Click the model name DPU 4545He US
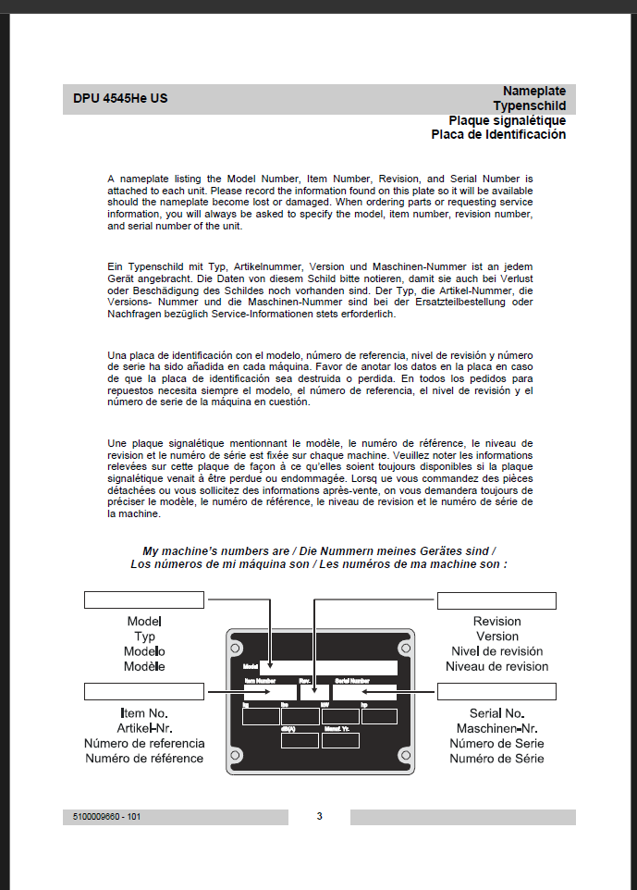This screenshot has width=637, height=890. coord(120,98)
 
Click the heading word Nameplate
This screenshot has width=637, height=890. coord(534,91)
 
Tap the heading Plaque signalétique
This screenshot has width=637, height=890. coord(507,120)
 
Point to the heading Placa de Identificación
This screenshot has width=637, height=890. coord(498,135)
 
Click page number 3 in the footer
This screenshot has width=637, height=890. coord(319,816)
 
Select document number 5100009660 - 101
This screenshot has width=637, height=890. coord(107,817)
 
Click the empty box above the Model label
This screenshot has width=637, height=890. coord(143,600)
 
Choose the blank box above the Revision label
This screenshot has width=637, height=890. coord(496,600)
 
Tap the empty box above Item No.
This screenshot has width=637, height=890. coord(143,691)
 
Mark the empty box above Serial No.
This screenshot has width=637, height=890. coord(496,691)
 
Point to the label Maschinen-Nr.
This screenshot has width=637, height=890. coord(496,728)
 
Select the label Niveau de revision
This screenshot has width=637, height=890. coord(496,666)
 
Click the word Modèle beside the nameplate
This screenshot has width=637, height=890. coord(144,666)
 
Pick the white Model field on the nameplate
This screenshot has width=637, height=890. coord(328,667)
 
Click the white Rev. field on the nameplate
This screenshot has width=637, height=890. coord(314,691)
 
